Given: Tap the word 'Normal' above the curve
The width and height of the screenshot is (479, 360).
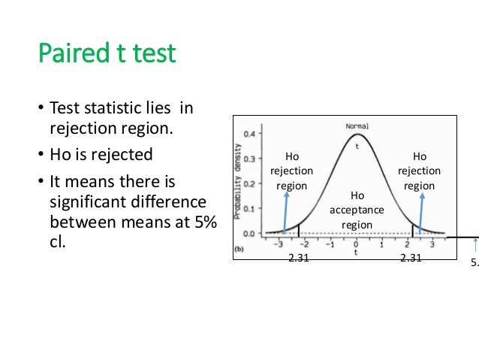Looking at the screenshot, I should pyautogui.click(x=357, y=126).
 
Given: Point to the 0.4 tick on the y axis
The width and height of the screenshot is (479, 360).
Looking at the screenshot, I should pyautogui.click(x=257, y=134).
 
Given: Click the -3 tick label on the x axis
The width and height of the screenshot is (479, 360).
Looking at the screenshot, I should pyautogui.click(x=279, y=244).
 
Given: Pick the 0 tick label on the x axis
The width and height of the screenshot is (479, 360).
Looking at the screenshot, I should pyautogui.click(x=356, y=244).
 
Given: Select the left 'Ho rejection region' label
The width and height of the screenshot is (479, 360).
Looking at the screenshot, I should pyautogui.click(x=291, y=171).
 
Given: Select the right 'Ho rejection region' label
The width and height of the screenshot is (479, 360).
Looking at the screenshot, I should pyautogui.click(x=419, y=171).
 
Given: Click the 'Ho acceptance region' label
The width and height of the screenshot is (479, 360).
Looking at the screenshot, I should pyautogui.click(x=357, y=210).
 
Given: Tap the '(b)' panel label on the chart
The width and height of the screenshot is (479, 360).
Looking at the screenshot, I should pyautogui.click(x=239, y=247).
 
